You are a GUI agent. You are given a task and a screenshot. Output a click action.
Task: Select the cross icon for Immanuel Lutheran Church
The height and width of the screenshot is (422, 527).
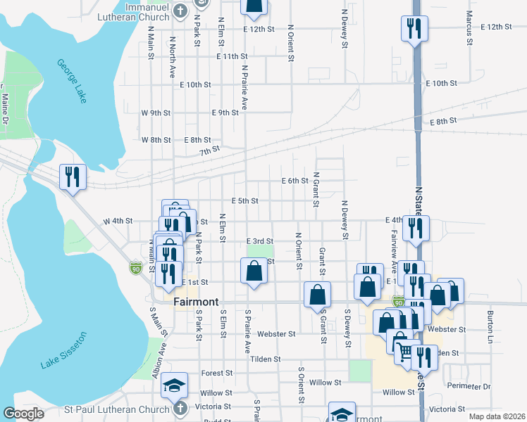(x=180, y=11)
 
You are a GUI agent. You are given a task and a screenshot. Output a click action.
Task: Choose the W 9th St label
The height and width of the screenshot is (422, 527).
(x=156, y=113)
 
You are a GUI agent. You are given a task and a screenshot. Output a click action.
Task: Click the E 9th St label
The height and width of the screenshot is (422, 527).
(x=225, y=113)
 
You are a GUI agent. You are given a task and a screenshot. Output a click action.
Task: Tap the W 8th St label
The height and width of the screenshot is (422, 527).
(x=156, y=140)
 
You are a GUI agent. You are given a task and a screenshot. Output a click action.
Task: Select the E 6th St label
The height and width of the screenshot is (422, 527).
(x=294, y=181)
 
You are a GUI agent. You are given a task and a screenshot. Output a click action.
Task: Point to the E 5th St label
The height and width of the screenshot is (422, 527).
(x=244, y=200)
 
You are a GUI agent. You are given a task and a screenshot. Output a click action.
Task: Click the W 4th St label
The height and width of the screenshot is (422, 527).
(x=118, y=221)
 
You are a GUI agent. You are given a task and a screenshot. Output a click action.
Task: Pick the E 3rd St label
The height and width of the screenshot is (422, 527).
(x=259, y=241)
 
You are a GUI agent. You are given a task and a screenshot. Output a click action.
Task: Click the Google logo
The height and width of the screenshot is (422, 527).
(x=23, y=414)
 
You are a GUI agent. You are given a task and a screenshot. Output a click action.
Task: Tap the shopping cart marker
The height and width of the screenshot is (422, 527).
(x=405, y=351)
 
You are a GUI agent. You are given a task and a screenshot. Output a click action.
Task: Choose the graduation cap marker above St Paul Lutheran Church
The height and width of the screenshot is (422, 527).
(x=174, y=385)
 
